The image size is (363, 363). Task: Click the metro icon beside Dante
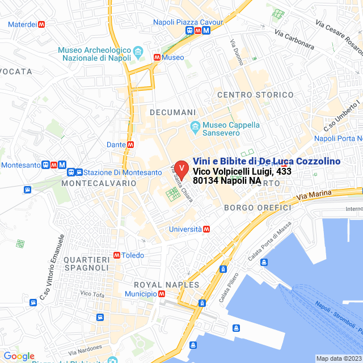[130, 145]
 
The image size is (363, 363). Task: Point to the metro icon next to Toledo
[117, 255]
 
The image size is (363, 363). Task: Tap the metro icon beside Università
[207, 229]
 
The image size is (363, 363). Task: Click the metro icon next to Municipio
[162, 294]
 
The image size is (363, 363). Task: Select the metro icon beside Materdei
[41, 24]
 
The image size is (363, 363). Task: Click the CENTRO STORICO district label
[255, 95]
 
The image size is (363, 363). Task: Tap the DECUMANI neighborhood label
[172, 112]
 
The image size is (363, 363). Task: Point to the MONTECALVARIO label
[99, 183]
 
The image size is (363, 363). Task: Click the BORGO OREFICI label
[257, 208]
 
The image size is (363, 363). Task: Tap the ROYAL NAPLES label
[166, 284]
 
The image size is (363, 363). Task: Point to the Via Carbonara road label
[294, 40]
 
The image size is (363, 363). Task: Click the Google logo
[19, 356]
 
